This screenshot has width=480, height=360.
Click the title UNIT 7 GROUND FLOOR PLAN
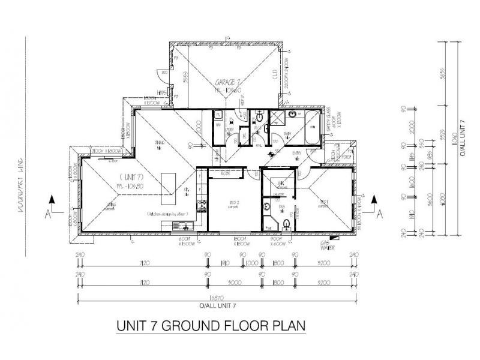coord(209,326)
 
